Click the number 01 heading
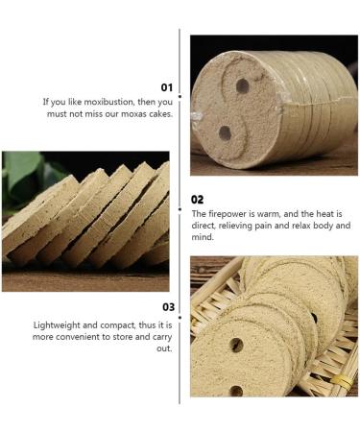point(166,87)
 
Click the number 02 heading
point(197,200)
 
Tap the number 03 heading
point(169,307)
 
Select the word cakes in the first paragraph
point(160,113)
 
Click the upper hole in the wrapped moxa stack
point(243,85)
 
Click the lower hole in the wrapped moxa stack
point(225,132)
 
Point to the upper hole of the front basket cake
point(236,345)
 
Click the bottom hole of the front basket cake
point(236,391)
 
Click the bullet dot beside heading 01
point(180,96)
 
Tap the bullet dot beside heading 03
point(180,318)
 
